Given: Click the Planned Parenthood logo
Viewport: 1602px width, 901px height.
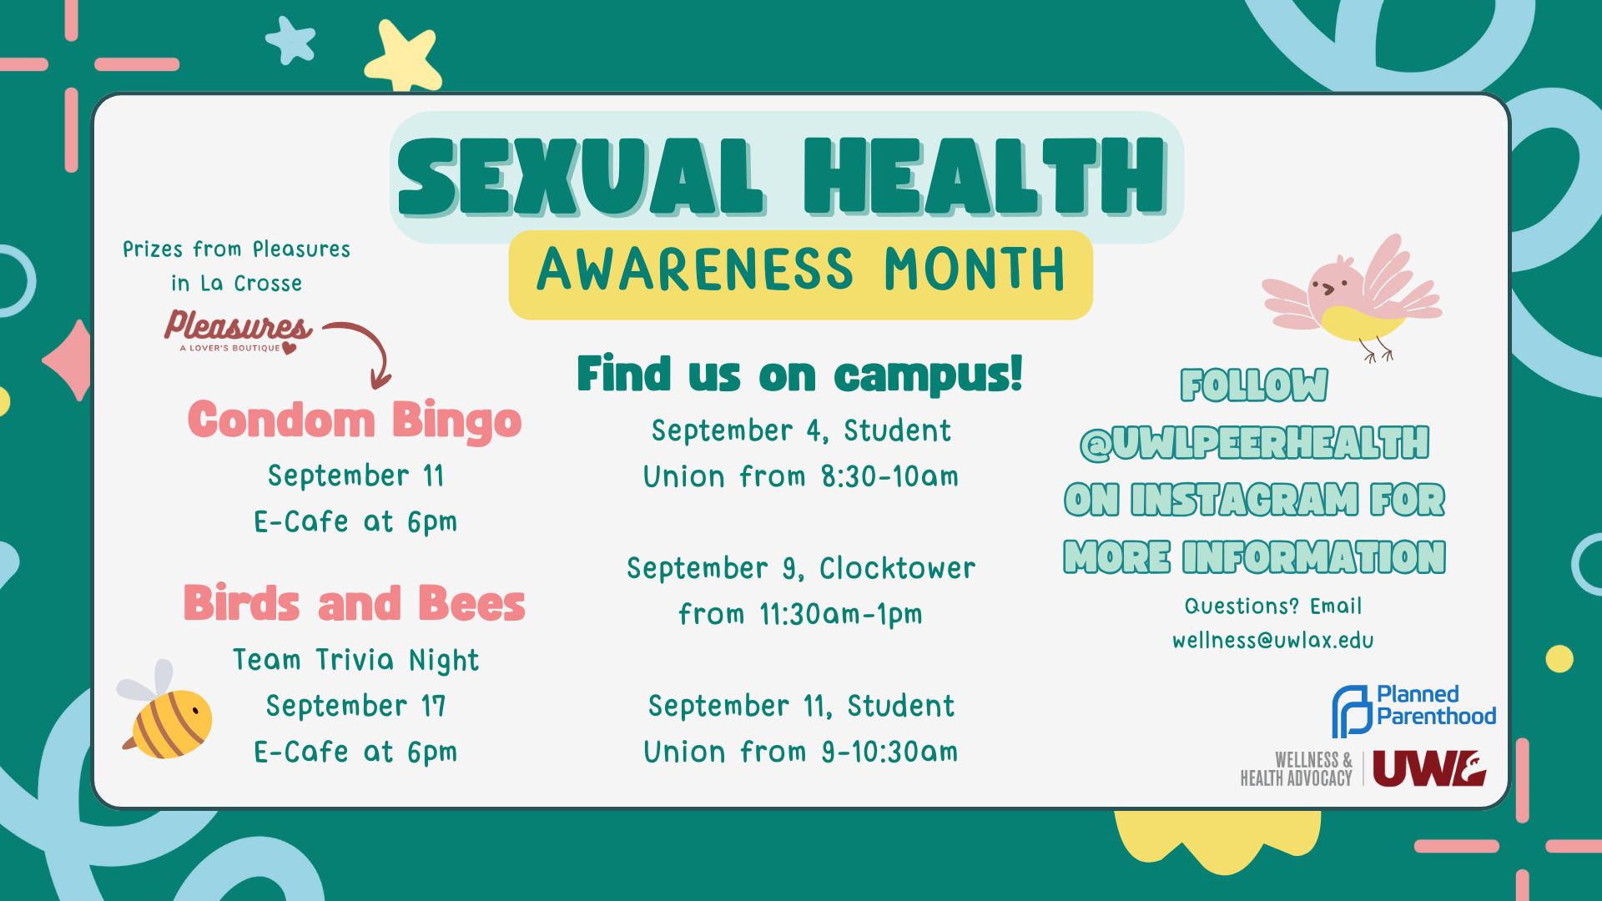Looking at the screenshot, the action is click(x=1413, y=710).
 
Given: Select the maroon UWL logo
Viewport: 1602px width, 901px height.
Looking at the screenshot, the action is click(x=1429, y=768).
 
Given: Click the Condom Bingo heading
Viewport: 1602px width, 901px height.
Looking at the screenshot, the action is click(x=355, y=420).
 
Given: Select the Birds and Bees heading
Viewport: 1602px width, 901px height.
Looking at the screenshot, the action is click(x=355, y=603).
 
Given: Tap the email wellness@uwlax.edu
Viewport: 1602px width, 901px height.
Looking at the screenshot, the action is click(x=1272, y=640).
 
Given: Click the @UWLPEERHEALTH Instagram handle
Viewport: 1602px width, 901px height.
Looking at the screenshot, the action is click(x=1254, y=442).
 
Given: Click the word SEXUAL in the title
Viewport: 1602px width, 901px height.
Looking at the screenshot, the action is click(x=581, y=176).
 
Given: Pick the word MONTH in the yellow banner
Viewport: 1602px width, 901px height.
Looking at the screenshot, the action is click(x=975, y=269).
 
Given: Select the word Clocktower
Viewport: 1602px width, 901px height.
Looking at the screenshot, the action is click(x=898, y=568).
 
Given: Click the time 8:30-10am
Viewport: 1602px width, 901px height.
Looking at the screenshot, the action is click(x=890, y=476).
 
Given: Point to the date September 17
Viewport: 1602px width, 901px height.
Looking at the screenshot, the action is click(x=355, y=707).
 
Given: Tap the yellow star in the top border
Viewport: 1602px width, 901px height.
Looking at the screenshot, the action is click(x=405, y=57).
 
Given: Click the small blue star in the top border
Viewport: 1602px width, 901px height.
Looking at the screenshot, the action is click(x=290, y=40).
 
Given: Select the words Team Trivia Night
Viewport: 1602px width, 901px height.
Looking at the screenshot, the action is click(x=355, y=660).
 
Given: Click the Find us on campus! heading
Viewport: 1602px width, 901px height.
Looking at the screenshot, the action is click(x=799, y=375).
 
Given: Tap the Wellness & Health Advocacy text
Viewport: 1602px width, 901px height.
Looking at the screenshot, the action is click(x=1296, y=769).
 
